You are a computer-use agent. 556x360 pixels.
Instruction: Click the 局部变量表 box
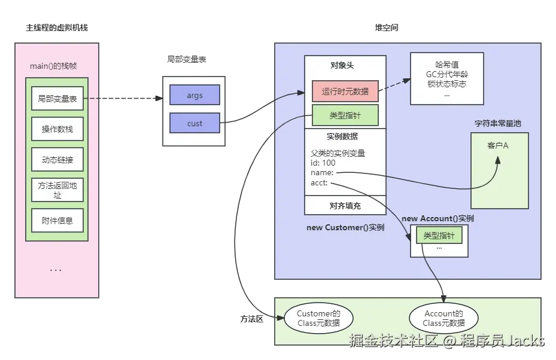coord(57,99)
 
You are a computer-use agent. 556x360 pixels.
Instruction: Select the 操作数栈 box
coord(57,129)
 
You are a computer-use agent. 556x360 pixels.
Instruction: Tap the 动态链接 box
coord(57,160)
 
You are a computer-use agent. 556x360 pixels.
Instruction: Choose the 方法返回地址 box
coord(57,190)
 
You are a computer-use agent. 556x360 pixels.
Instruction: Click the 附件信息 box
coord(57,221)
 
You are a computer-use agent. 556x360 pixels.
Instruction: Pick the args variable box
coord(195,95)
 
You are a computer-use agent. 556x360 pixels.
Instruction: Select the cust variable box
coord(195,123)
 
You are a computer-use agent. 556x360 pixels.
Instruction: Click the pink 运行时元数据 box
coord(345,91)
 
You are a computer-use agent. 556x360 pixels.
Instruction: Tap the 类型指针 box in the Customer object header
coord(345,115)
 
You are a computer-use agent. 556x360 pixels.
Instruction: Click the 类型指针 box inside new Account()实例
coord(439,236)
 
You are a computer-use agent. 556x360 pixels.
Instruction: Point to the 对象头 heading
coord(345,65)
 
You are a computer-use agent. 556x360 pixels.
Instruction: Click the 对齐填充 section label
coord(345,206)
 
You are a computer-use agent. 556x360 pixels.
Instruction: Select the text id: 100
coord(323,163)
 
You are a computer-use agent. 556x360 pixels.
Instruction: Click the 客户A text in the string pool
coord(498,145)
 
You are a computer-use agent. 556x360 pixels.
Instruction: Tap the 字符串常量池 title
coord(498,124)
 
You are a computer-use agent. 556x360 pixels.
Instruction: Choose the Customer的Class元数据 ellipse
coord(318,318)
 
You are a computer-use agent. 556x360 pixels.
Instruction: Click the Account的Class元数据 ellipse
coord(443,318)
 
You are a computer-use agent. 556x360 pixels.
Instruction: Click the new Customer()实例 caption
coord(345,227)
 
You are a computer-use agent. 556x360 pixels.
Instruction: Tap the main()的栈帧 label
coord(56,66)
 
